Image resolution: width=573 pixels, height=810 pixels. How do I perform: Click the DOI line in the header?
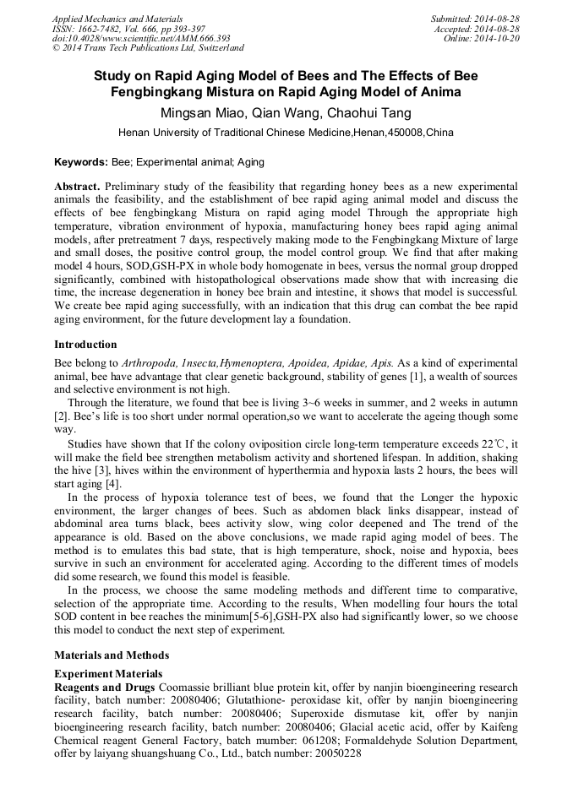pos(141,38)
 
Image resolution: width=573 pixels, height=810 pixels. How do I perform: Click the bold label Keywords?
pos(81,161)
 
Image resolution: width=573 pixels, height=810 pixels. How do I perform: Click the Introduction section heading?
pos(85,345)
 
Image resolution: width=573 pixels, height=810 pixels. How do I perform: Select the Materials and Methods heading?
pos(112,655)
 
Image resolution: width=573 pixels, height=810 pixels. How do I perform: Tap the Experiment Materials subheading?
pos(108,673)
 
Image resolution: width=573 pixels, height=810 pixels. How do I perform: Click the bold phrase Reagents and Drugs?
pos(105,688)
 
